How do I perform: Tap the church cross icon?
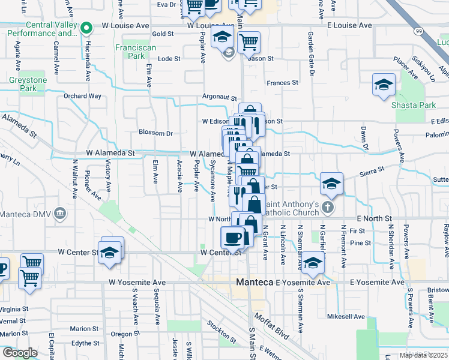click(327, 208)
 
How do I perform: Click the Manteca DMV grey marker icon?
click(60, 212)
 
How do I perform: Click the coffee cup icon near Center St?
click(233, 238)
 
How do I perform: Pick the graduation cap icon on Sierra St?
click(331, 184)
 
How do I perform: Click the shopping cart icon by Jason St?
click(248, 42)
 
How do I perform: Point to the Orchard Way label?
click(82, 95)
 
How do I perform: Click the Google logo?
click(19, 353)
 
